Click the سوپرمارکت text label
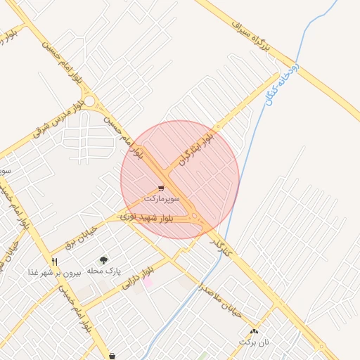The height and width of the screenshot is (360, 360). coord(162,200)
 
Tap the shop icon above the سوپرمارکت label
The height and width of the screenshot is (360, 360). coord(162,188)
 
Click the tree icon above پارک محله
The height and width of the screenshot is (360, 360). coord(104,260)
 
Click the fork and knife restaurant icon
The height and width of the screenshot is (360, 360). coord(54,261)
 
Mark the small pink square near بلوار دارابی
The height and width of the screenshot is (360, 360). coord(148,282)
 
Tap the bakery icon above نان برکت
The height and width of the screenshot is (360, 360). coord(254,331)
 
